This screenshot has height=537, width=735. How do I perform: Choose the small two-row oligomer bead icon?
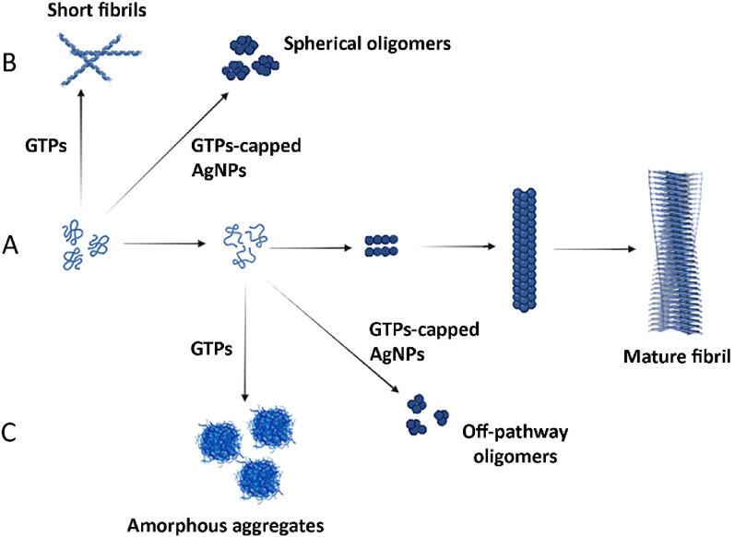pyautogui.click(x=382, y=245)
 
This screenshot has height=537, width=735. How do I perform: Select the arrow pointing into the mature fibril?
pyautogui.click(x=599, y=249)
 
